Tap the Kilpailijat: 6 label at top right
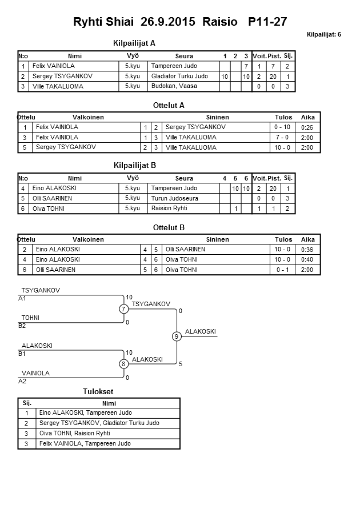[x=323, y=35]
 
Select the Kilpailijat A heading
[x=135, y=43]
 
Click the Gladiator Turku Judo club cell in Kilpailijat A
[x=179, y=76]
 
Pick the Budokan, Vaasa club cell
[x=174, y=86]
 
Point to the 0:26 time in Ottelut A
[x=307, y=127]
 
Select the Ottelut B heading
[x=169, y=227]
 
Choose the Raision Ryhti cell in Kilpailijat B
[x=169, y=209]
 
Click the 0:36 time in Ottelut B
[x=307, y=250]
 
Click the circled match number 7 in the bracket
[x=123, y=309]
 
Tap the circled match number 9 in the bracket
[x=177, y=336]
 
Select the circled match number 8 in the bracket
[x=123, y=364]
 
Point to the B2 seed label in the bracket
[x=22, y=326]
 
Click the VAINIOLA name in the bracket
[x=35, y=373]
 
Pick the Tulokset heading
[x=98, y=391]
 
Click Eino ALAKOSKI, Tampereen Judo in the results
[x=86, y=412]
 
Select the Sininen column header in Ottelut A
[x=218, y=117]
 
